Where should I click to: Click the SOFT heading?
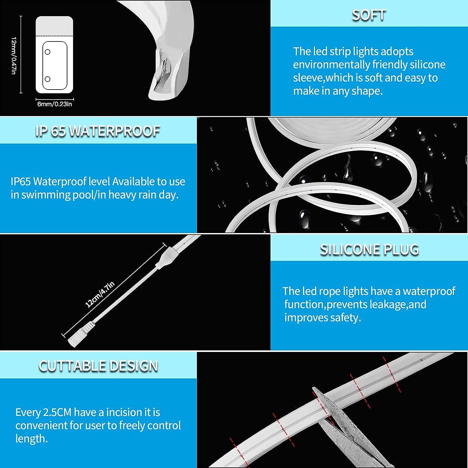coord(369,15)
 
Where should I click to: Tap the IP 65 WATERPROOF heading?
coord(98,131)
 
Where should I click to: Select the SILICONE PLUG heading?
coord(369,250)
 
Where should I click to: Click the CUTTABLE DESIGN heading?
coord(98,366)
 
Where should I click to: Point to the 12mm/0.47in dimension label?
coord(14,56)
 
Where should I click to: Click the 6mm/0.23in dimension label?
coord(55,104)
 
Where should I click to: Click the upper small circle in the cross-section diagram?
coord(48,52)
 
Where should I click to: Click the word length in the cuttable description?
coord(32,439)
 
